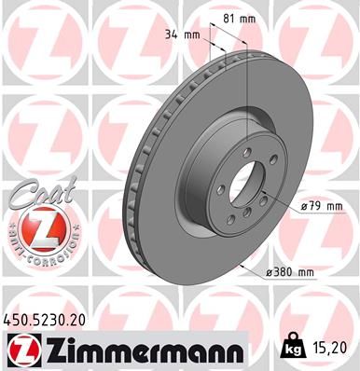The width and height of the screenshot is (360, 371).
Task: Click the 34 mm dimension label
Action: click(x=175, y=35)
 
